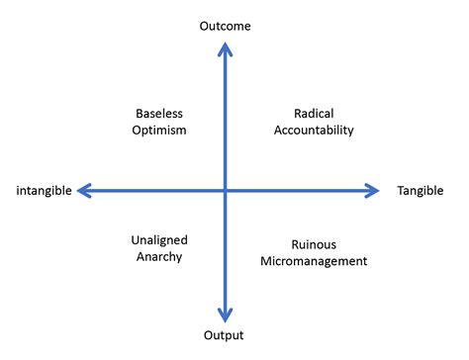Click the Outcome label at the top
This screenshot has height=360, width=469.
click(x=226, y=27)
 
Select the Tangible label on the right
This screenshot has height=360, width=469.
click(x=420, y=190)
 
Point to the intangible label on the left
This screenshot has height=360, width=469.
click(x=44, y=191)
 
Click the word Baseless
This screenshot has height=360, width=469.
click(x=159, y=113)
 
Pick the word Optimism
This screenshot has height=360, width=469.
click(x=159, y=130)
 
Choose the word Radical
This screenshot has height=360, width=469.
click(x=317, y=113)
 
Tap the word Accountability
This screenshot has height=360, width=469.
click(x=317, y=130)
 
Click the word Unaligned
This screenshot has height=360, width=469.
click(x=159, y=239)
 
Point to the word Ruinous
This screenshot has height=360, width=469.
click(x=314, y=244)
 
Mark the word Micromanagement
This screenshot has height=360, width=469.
click(x=314, y=261)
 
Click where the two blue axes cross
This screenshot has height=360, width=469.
click(x=226, y=190)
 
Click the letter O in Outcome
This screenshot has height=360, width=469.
click(x=205, y=27)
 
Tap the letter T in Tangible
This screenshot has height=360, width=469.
click(x=400, y=190)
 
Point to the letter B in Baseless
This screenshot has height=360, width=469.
click(x=138, y=113)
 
